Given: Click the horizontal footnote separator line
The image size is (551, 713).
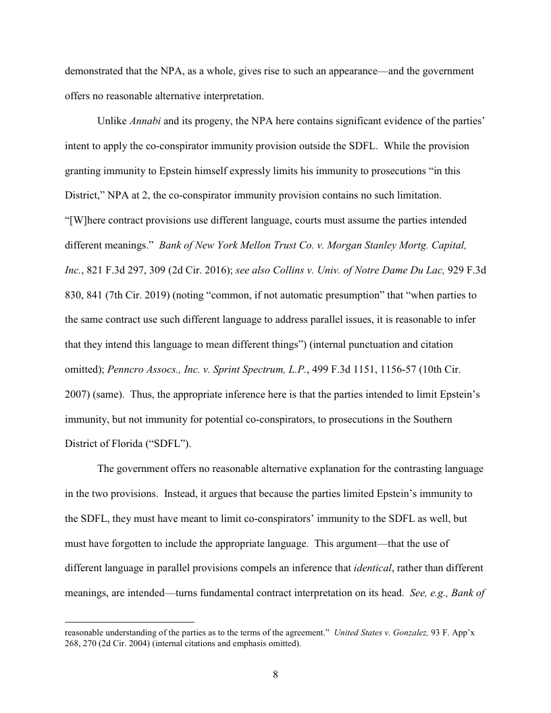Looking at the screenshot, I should [x=129, y=620].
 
